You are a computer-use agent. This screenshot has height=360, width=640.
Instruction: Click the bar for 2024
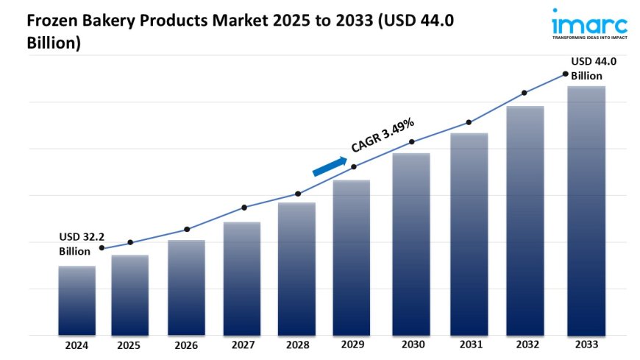tap(77, 300)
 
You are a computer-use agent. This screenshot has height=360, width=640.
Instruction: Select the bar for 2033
tap(586, 211)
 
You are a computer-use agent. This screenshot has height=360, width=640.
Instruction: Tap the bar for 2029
tap(352, 258)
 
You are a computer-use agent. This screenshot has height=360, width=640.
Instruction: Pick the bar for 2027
tap(242, 278)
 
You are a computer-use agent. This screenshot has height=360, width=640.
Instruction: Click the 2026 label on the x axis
tap(186, 345)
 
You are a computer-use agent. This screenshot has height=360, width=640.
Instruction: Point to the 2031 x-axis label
tap(469, 345)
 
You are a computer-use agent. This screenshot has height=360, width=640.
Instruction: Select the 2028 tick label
tap(296, 345)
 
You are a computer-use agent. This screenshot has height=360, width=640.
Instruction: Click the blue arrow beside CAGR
tap(330, 166)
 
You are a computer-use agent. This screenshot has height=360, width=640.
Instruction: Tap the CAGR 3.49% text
tap(383, 135)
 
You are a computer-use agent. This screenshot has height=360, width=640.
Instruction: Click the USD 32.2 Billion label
tap(81, 244)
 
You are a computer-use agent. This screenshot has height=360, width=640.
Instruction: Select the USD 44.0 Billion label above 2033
tap(593, 68)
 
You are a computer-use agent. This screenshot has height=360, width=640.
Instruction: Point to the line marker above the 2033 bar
tap(565, 74)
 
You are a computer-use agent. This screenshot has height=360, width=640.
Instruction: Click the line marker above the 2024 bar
tap(102, 248)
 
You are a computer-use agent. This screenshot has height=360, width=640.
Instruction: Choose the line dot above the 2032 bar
tap(525, 93)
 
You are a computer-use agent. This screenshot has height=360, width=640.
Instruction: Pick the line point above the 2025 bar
tap(130, 242)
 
